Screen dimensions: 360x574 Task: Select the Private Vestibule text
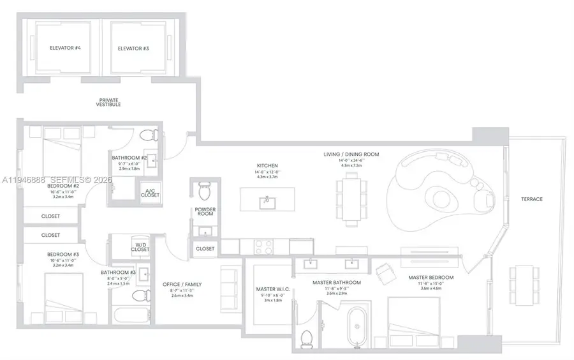110,102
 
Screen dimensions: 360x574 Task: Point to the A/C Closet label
151,193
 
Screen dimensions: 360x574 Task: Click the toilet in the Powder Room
205,190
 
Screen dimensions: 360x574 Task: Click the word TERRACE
531,199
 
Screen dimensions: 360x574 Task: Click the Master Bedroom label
430,277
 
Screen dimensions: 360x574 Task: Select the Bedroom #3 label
63,255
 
